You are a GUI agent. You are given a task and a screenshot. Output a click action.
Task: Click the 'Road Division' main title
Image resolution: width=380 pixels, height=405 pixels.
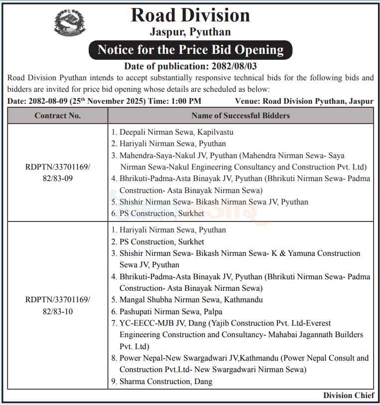[190, 15]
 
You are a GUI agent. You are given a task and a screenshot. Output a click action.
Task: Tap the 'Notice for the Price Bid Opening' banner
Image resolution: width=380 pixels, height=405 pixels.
[190, 50]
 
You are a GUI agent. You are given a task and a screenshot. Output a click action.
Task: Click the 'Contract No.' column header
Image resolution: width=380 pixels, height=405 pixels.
[57, 116]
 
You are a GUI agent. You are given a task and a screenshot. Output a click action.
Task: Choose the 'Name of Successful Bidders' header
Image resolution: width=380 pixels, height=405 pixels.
[241, 116]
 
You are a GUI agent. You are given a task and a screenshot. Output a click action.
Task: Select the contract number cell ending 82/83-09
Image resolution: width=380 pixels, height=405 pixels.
[57, 173]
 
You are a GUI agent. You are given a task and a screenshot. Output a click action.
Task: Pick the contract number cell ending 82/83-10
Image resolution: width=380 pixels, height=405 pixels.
[57, 306]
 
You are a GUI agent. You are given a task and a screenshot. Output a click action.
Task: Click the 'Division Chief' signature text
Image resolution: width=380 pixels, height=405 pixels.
[349, 396]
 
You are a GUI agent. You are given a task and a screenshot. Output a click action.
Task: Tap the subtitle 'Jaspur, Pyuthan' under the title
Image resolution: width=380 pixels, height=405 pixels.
[190, 32]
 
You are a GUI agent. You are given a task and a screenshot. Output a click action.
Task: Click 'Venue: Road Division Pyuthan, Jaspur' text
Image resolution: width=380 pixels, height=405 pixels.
[304, 101]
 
